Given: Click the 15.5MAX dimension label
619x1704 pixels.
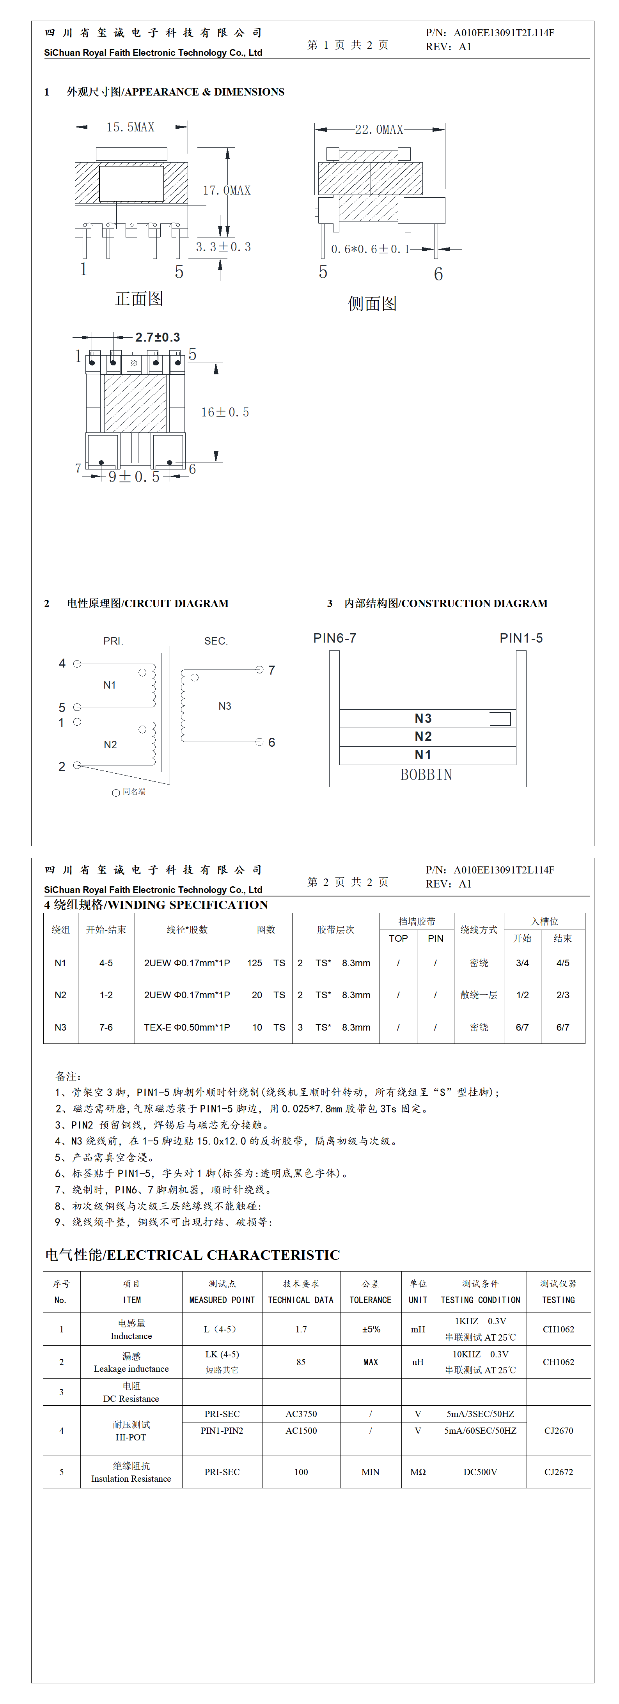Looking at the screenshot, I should tap(130, 127).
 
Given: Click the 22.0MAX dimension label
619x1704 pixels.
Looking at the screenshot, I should tap(379, 129).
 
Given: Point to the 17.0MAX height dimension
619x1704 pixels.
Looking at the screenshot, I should tap(226, 191).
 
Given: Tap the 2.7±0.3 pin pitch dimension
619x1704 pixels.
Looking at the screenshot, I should tap(158, 337).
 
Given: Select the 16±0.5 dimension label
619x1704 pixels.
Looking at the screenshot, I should tap(225, 412).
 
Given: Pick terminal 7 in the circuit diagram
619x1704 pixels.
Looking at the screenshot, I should tap(259, 670).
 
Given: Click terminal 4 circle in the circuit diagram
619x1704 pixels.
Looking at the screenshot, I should tap(77, 664).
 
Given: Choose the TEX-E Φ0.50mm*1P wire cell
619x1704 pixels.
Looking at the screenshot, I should tap(187, 1027).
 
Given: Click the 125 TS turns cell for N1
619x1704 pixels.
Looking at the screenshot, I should tap(266, 963).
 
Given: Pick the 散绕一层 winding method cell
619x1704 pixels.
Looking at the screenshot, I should tap(479, 995).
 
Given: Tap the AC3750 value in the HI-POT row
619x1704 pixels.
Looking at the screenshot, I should tap(301, 1414).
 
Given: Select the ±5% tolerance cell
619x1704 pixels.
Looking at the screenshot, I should tap(371, 1329).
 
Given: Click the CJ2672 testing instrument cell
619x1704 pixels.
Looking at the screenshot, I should tap(558, 1472).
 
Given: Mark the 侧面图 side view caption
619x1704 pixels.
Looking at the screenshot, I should tap(372, 304).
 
